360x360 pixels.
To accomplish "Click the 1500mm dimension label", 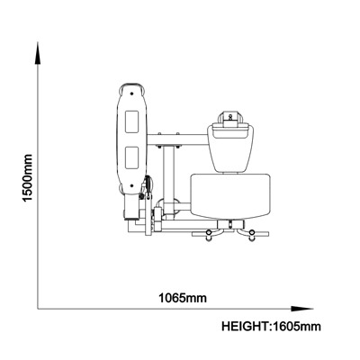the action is coord(27,178).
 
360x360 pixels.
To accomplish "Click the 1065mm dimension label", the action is coord(183,299).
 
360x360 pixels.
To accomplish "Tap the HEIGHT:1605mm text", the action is coord(271,327).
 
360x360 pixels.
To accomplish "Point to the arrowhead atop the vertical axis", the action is coord(38,53).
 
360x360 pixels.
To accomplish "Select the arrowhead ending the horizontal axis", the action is coord(302,309).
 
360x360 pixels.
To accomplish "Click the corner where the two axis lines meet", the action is coord(38,309).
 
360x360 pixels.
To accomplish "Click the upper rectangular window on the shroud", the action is coord(132,121).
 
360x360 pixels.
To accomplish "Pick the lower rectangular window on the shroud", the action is coord(132,157).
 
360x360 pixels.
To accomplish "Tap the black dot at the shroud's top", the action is coord(131,94).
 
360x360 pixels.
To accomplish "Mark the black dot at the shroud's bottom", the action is coord(131,185).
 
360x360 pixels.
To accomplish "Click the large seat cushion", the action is coord(230,196).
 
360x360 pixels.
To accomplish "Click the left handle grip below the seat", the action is coord(209,235).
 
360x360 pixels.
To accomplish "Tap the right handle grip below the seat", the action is coord(252,235).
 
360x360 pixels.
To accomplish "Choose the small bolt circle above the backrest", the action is coord(230,116).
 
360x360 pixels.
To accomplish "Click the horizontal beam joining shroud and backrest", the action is coord(177,139).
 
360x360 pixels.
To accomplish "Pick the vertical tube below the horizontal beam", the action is coord(169,177).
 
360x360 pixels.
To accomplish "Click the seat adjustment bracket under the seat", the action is coord(230,224).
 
